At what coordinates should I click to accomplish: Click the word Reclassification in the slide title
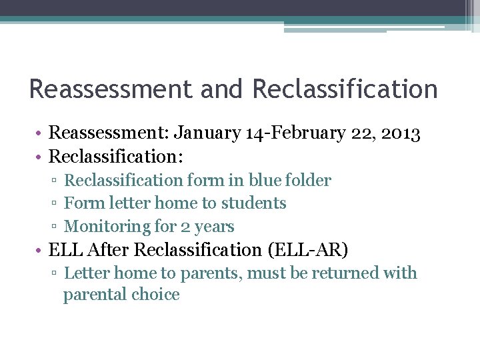(345, 89)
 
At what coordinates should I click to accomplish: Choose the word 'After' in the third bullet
(109, 250)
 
